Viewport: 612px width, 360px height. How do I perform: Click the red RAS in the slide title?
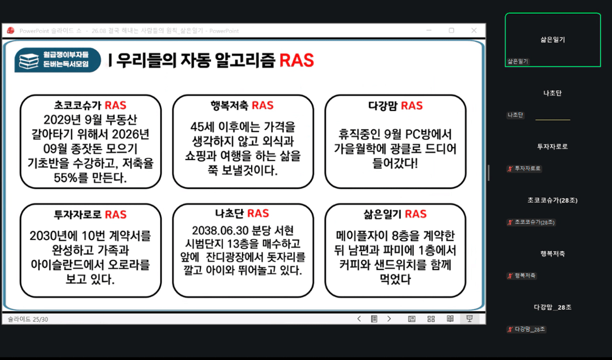tap(297, 61)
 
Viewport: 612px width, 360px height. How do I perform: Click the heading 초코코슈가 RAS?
tap(90, 105)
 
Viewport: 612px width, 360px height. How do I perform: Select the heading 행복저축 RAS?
tap(242, 105)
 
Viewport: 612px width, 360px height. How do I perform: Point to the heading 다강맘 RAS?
tap(395, 105)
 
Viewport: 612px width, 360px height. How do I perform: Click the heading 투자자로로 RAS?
tap(90, 214)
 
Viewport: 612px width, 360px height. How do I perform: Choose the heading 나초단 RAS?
tap(242, 214)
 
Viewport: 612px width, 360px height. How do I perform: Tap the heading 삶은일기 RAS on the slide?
tap(395, 214)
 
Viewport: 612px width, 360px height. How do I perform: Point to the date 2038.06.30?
tap(219, 231)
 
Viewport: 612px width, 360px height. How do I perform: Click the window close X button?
tap(474, 31)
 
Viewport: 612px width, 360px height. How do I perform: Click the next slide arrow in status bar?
tap(389, 319)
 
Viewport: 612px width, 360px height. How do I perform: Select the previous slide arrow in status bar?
tap(359, 319)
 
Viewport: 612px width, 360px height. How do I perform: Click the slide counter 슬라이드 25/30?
tap(28, 319)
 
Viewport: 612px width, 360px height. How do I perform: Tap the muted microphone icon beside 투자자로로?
tap(510, 168)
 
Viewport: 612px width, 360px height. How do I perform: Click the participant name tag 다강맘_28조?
tap(529, 329)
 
